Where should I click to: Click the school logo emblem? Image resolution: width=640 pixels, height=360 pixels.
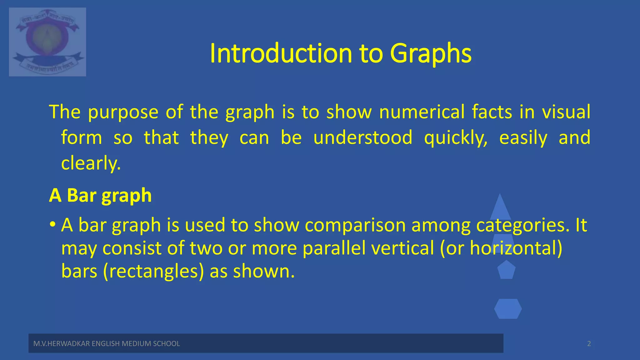pos(47,42)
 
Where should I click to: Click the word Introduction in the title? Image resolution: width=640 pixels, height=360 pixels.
pos(281,53)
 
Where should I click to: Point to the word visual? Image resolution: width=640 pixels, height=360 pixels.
pos(566,112)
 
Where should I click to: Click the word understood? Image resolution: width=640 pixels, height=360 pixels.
pos(363,137)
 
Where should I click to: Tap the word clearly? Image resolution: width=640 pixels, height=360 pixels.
pos(91,163)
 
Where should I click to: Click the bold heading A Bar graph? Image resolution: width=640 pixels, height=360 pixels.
pos(100,196)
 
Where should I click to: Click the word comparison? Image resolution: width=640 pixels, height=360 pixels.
pos(355,225)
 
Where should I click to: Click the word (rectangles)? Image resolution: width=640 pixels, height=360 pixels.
pos(153,271)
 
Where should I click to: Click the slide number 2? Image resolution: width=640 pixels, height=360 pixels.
pos(589,344)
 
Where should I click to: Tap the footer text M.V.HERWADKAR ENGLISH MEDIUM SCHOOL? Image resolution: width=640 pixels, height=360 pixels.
pos(107,344)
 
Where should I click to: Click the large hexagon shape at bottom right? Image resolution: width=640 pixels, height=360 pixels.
pos(508,309)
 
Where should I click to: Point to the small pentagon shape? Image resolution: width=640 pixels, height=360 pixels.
pos(506,270)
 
